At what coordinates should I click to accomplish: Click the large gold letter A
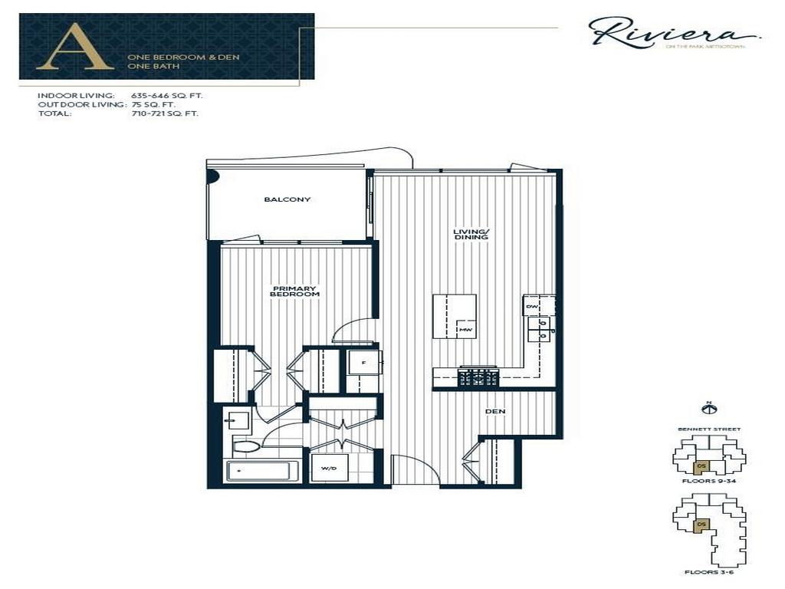[74, 48]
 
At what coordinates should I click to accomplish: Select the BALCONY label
[287, 199]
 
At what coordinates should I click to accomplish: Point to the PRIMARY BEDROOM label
[295, 291]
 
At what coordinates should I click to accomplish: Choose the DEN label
[495, 412]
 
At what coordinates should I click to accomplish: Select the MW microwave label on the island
[465, 330]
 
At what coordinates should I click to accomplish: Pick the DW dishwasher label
[532, 307]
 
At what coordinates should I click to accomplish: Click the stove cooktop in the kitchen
[478, 377]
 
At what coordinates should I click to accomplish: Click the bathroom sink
[238, 420]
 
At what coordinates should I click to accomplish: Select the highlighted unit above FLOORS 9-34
[700, 466]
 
